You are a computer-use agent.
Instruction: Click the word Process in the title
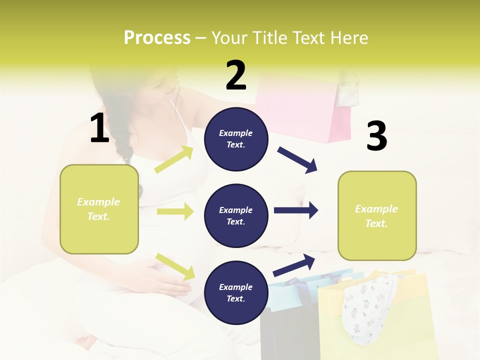tap(157, 38)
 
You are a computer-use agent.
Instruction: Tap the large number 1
tap(99, 128)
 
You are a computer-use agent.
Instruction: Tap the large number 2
tap(236, 75)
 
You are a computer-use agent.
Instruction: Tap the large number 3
tap(376, 136)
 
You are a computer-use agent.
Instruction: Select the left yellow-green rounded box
tap(99, 209)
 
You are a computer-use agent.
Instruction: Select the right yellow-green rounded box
tap(377, 215)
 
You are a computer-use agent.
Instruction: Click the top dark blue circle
tap(236, 139)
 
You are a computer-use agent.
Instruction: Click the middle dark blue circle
tap(236, 215)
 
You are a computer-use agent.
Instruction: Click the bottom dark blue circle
tap(236, 292)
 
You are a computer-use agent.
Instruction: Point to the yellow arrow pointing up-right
tap(174, 159)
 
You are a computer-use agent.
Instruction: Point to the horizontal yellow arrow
tap(175, 211)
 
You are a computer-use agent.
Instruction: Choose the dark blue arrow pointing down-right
tap(297, 160)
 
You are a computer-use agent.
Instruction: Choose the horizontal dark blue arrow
tap(295, 210)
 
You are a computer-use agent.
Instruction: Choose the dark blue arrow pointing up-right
tap(294, 265)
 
